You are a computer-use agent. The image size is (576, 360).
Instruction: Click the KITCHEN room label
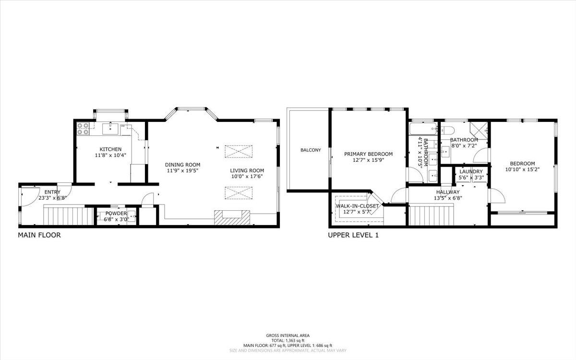pyautogui.click(x=110, y=149)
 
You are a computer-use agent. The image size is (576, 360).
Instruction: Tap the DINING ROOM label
pyautogui.click(x=183, y=165)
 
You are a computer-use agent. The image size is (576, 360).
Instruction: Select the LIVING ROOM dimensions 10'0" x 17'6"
pyautogui.click(x=247, y=176)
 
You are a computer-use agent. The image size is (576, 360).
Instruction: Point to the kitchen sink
pyautogui.click(x=111, y=127)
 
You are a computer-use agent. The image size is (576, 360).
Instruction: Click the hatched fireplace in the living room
pyautogui.click(x=232, y=217)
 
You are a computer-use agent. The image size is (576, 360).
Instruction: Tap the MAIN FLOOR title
pyautogui.click(x=39, y=235)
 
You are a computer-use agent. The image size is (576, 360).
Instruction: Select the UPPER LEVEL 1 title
pyautogui.click(x=353, y=235)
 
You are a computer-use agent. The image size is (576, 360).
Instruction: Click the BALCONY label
pyautogui.click(x=311, y=150)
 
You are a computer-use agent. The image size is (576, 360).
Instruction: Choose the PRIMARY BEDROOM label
pyautogui.click(x=368, y=154)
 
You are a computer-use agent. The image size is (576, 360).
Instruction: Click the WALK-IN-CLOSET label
pyautogui.click(x=357, y=206)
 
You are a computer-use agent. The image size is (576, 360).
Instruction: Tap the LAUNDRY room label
pyautogui.click(x=470, y=172)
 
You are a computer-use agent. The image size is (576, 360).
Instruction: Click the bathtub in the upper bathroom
pyautogui.click(x=422, y=129)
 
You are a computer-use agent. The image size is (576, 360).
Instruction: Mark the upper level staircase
pyautogui.click(x=431, y=214)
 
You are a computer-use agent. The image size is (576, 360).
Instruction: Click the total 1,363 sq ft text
pyautogui.click(x=288, y=340)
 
